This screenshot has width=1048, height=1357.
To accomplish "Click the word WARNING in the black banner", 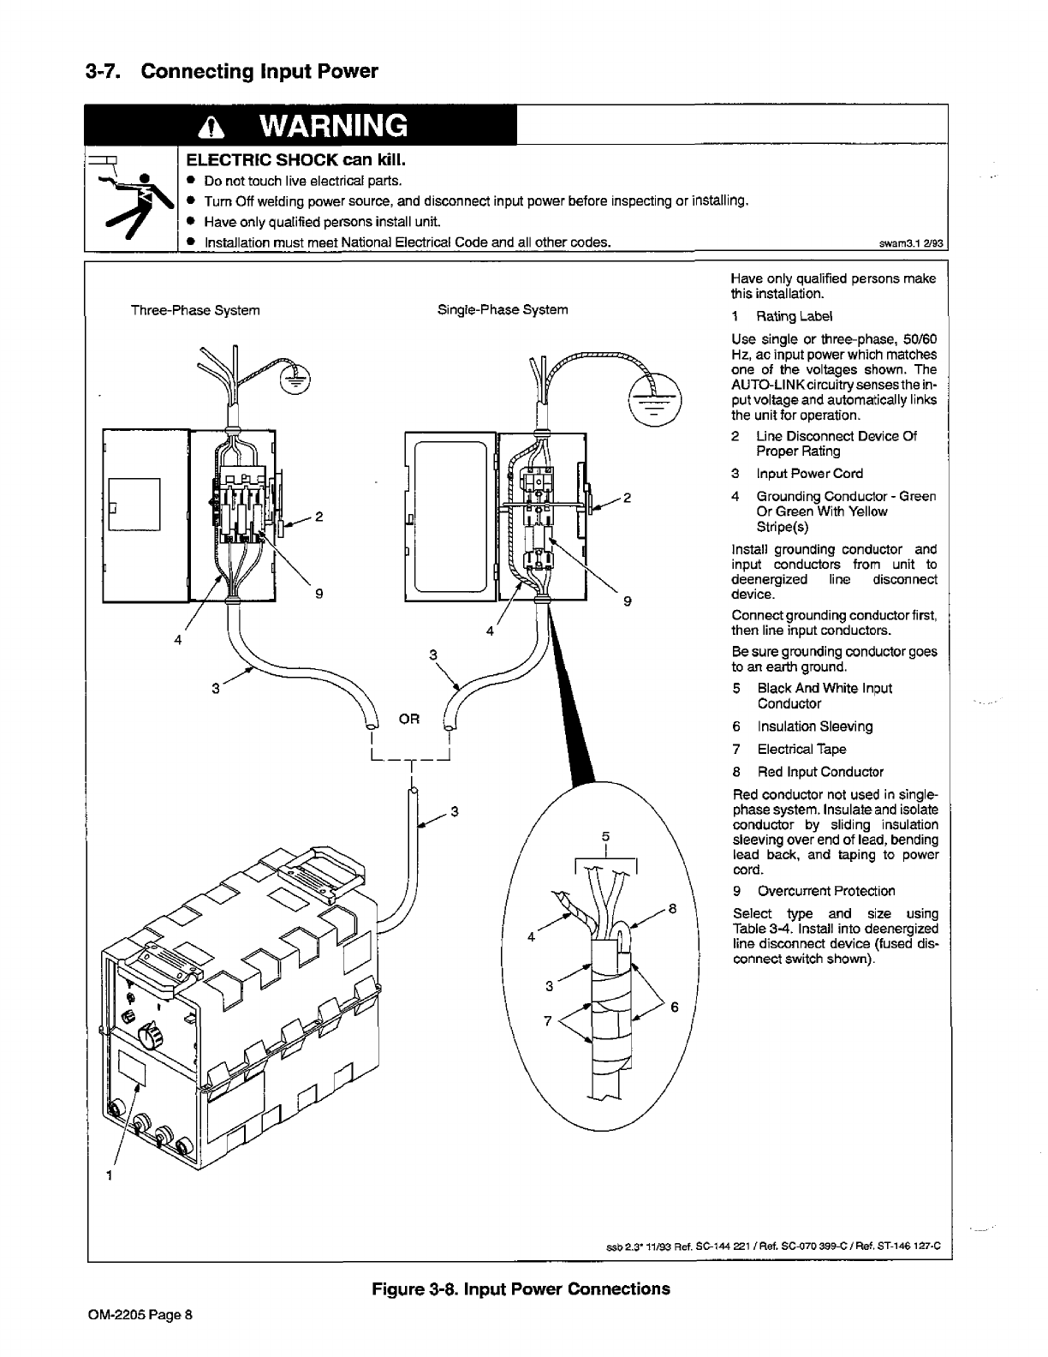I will pos(334,127).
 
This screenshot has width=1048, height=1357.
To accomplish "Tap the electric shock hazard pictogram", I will pos(131,200).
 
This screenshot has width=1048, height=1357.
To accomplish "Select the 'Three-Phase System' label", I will pos(195,310).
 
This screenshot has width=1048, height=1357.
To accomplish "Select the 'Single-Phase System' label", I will pos(503,309).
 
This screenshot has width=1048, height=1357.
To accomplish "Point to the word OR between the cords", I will pos(409,718).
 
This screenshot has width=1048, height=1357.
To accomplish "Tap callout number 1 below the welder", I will pos(109,1175).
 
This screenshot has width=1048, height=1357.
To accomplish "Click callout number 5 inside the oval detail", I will pos(605,835).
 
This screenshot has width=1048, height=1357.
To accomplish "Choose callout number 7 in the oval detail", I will pos(548,1021).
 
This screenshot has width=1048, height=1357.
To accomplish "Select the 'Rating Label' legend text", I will pos(794,316).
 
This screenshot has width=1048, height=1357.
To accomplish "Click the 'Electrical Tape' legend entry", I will pos(801,749).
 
